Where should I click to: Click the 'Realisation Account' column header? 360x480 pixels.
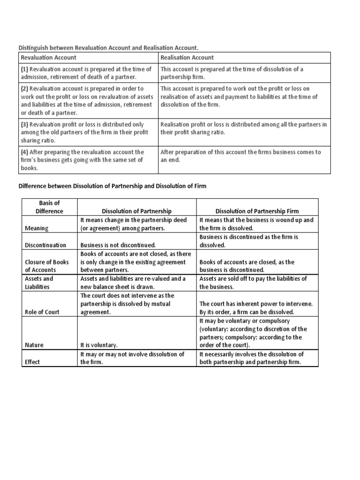[x=187, y=58]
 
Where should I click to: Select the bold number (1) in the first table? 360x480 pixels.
[x=24, y=69]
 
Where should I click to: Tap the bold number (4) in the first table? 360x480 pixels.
[x=24, y=152]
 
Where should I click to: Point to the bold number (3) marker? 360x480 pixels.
[x=24, y=125]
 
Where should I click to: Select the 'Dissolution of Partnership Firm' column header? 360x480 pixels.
[x=256, y=211]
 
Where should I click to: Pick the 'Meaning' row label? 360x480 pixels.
[x=36, y=228]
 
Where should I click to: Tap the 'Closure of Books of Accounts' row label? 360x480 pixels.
[x=47, y=266]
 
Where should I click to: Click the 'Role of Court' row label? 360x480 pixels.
[x=42, y=312]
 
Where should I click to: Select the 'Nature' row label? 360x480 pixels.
[x=34, y=345]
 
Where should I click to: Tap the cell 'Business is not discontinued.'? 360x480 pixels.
[x=118, y=245]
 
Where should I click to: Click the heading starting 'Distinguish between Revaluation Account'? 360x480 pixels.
[x=108, y=47]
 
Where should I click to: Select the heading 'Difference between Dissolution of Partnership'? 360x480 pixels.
[x=112, y=186]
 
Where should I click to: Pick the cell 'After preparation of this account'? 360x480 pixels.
[x=240, y=156]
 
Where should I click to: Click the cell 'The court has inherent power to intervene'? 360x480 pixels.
[x=256, y=308]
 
